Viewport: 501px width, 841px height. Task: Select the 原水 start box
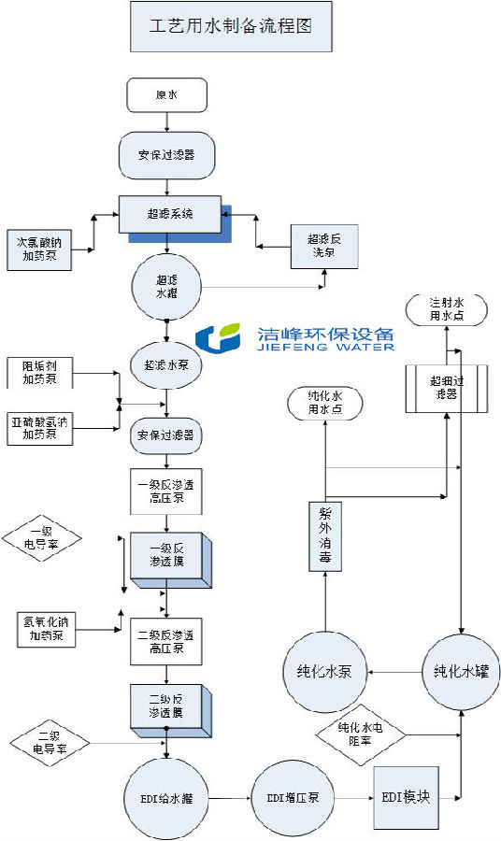[165, 93]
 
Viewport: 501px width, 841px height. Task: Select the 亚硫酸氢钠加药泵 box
[39, 426]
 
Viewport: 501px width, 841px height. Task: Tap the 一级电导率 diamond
[43, 539]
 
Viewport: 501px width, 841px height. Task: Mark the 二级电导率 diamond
[50, 744]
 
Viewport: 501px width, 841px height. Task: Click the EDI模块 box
[412, 797]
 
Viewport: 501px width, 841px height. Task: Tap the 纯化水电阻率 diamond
[361, 733]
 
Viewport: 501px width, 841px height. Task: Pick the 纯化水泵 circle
[323, 671]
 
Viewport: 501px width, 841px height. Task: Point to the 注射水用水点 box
[446, 309]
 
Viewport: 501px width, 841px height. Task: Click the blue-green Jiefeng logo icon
[222, 339]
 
